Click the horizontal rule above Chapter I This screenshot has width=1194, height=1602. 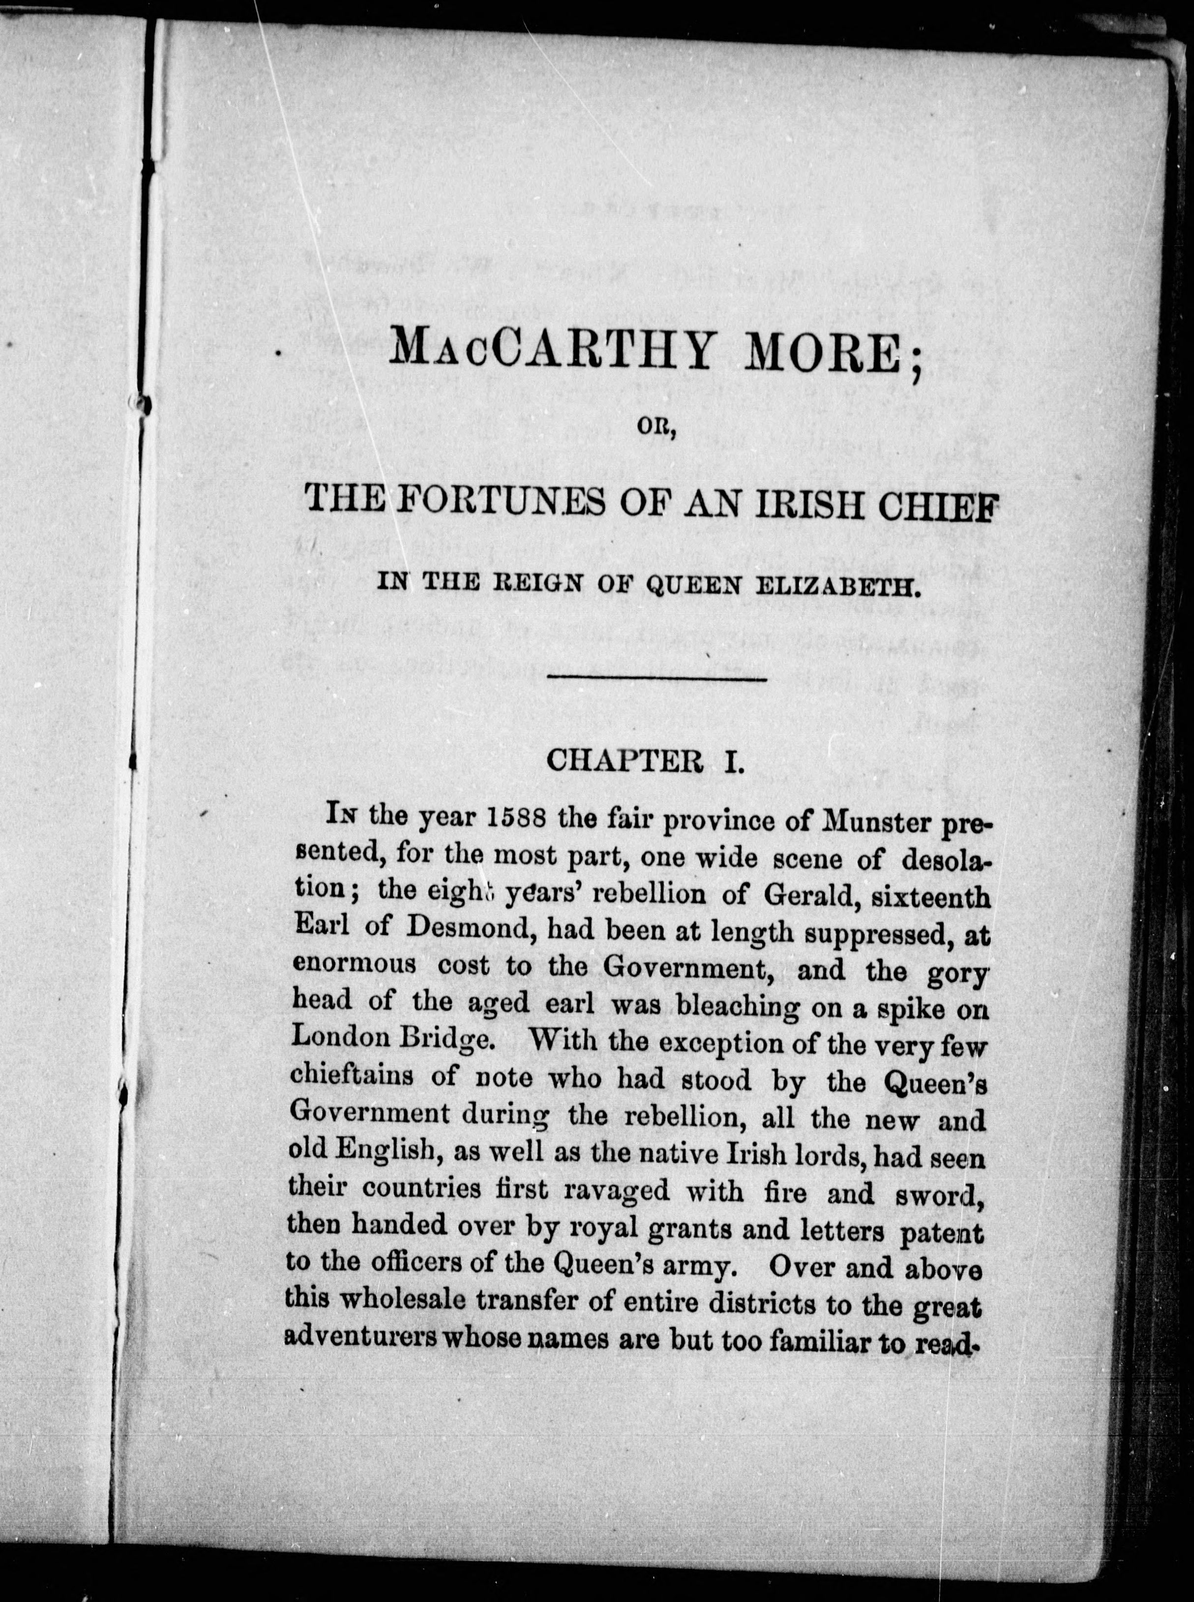pos(657,678)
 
